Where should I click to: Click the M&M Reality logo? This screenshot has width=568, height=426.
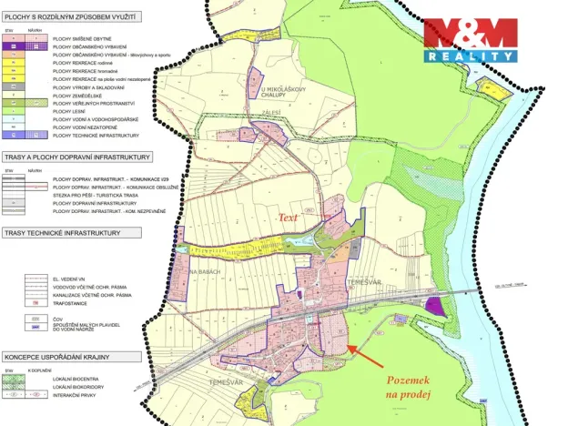pyautogui.click(x=470, y=41)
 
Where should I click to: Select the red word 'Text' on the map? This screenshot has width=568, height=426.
pyautogui.click(x=289, y=218)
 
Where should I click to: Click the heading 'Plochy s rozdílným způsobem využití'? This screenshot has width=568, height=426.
pyautogui.click(x=70, y=15)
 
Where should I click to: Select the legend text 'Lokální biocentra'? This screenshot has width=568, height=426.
pyautogui.click(x=78, y=378)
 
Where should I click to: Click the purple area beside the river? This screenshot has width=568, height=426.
pyautogui.click(x=439, y=307)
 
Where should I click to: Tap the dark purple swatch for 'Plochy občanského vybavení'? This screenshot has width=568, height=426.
pyautogui.click(x=13, y=47)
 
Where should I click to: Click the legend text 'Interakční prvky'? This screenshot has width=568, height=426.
pyautogui.click(x=76, y=395)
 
